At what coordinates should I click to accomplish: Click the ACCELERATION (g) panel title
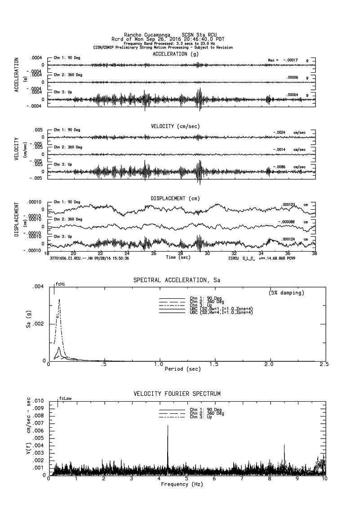(x=175, y=54)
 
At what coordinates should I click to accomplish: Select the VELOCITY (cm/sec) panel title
(x=175, y=126)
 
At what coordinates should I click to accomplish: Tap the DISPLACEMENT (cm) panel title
(x=175, y=198)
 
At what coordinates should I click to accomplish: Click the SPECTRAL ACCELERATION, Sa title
(x=177, y=280)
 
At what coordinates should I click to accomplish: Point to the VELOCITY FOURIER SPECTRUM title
(x=177, y=394)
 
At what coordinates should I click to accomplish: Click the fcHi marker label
(x=60, y=284)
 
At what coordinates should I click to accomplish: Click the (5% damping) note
(x=286, y=293)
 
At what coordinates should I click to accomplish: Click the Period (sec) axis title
(x=182, y=369)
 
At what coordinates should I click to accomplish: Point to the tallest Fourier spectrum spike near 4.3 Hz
(x=168, y=426)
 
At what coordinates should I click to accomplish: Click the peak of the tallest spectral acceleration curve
(x=59, y=299)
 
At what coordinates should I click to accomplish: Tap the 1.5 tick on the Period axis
(x=214, y=364)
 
